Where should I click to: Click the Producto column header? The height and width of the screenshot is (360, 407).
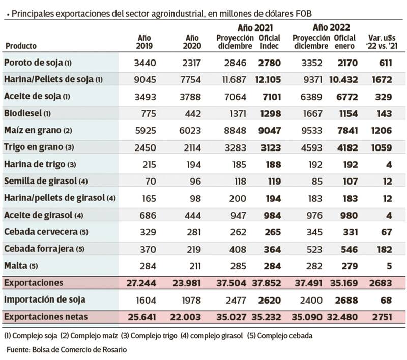21,46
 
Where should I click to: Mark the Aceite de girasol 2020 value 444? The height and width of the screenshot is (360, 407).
191,215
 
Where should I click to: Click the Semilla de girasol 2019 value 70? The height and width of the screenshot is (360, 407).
150,182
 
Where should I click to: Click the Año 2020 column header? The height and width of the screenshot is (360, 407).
191,42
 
